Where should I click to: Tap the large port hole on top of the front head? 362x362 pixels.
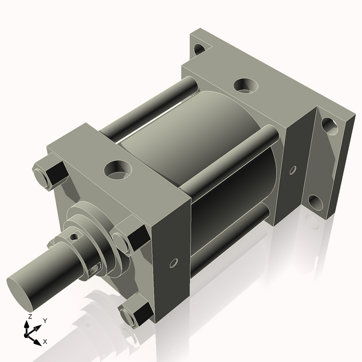(x=116, y=169)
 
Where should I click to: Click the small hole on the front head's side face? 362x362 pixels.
(x=173, y=264)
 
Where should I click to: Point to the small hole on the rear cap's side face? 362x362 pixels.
(x=293, y=170)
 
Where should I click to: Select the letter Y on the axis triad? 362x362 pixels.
(x=45, y=320)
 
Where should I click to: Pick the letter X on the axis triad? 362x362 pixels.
(x=45, y=341)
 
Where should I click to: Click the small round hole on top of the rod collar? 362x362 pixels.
(x=74, y=237)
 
